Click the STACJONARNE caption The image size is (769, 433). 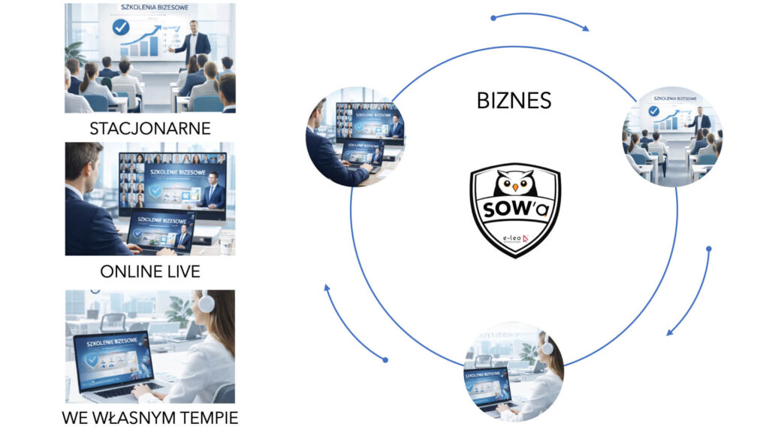pyautogui.click(x=150, y=128)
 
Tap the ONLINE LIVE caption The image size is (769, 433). pyautogui.click(x=150, y=271)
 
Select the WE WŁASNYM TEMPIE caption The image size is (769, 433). pyautogui.click(x=150, y=417)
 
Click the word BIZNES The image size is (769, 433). pyautogui.click(x=514, y=100)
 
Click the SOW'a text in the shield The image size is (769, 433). pyautogui.click(x=515, y=209)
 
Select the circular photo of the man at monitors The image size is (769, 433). pyautogui.click(x=355, y=138)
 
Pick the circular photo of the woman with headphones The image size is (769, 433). pyautogui.click(x=514, y=371)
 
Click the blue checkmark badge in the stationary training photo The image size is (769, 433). pyautogui.click(x=120, y=29)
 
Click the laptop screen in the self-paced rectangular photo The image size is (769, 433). pyautogui.click(x=113, y=359)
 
